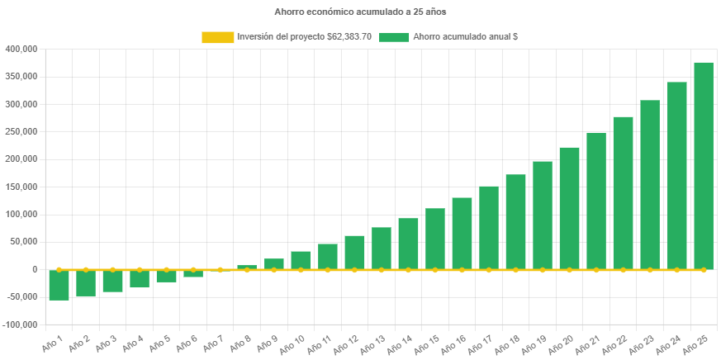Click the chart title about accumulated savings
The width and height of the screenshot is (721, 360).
pyautogui.click(x=360, y=12)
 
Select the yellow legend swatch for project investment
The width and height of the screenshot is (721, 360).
pyautogui.click(x=218, y=37)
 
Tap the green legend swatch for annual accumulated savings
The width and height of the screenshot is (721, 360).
pyautogui.click(x=394, y=37)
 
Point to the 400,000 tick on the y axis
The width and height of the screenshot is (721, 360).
pyautogui.click(x=21, y=49)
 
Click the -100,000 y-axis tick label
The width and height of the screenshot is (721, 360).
pyautogui.click(x=21, y=324)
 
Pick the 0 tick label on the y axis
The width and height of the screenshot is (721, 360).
pyautogui.click(x=35, y=269)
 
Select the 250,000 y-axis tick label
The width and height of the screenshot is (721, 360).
pyautogui.click(x=21, y=131)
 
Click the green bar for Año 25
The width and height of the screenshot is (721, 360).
pyautogui.click(x=704, y=165)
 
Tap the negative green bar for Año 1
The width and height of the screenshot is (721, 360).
pyautogui.click(x=59, y=285)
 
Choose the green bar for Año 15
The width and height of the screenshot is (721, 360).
pyautogui.click(x=435, y=239)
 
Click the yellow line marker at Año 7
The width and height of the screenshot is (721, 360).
pyautogui.click(x=220, y=269)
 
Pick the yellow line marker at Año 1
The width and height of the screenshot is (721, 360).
pyautogui.click(x=59, y=269)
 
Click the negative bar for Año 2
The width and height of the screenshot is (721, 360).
pyautogui.click(x=86, y=282)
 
